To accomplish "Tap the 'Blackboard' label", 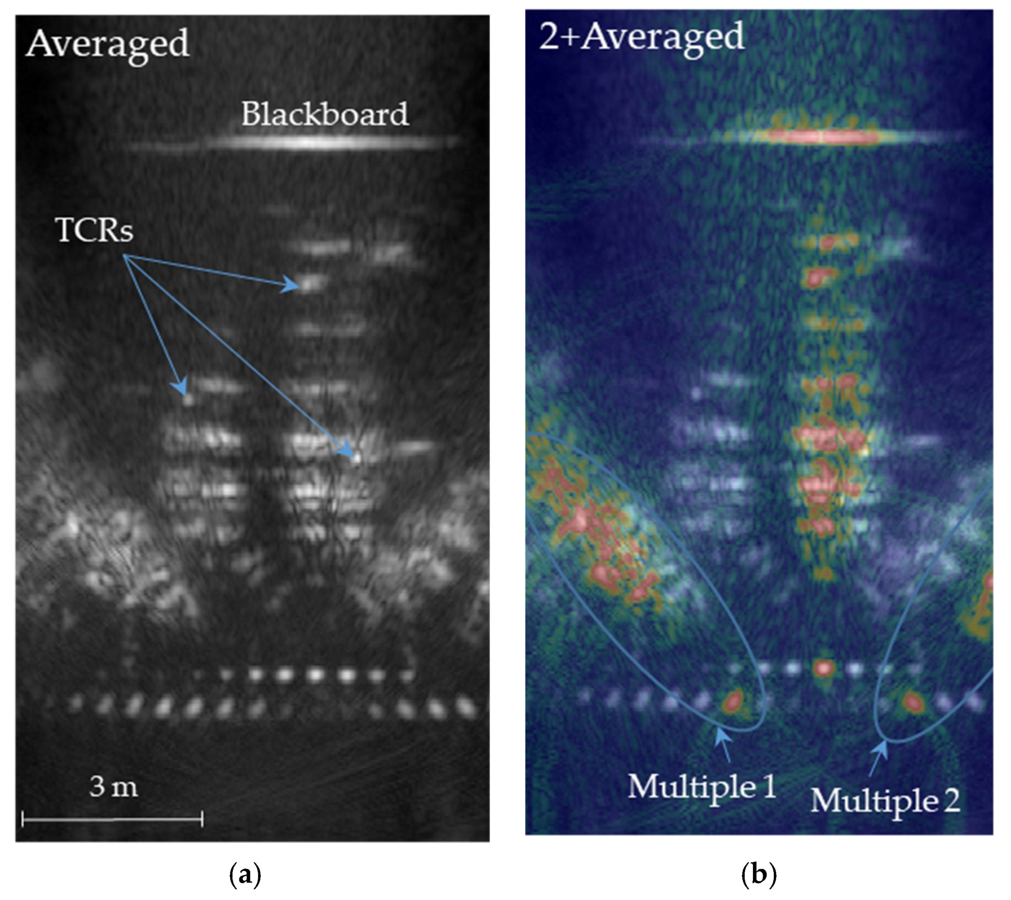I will (x=325, y=114).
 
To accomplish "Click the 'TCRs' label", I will (x=95, y=230).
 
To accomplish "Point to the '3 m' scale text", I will (x=113, y=787).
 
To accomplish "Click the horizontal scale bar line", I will (x=112, y=819).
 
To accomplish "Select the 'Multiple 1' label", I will (x=702, y=786).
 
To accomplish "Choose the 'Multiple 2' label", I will (x=885, y=801).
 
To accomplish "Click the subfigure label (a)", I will (x=246, y=875).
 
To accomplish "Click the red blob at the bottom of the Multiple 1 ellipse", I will (x=732, y=700).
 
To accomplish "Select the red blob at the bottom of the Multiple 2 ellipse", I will (x=912, y=701).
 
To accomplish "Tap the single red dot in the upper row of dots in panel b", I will (x=823, y=668).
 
